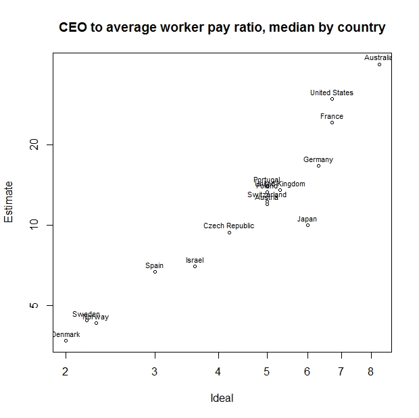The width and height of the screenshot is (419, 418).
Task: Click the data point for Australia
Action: point(379,64)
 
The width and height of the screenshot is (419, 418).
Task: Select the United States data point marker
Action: point(332,99)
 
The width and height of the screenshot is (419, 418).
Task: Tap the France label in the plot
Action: point(332,117)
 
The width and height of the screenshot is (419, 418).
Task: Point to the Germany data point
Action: point(318,165)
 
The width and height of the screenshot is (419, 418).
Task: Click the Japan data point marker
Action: point(307,225)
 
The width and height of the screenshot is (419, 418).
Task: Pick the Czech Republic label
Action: point(228,226)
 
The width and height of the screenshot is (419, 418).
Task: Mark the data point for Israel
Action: point(195,266)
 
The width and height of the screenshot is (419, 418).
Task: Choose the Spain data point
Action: point(155,271)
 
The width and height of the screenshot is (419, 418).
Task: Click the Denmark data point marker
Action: point(66,340)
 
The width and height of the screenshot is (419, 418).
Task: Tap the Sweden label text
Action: point(86,315)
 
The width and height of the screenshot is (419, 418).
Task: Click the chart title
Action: point(222,28)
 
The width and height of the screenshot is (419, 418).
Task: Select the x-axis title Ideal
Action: point(222,398)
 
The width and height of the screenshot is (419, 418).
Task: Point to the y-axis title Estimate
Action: point(9,201)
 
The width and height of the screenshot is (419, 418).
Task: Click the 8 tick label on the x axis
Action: point(370,371)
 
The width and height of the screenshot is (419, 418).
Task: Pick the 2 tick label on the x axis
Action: point(66,371)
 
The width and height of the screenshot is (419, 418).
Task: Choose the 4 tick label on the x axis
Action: point(218,371)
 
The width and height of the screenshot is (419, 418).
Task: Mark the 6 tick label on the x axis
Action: point(307,371)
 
